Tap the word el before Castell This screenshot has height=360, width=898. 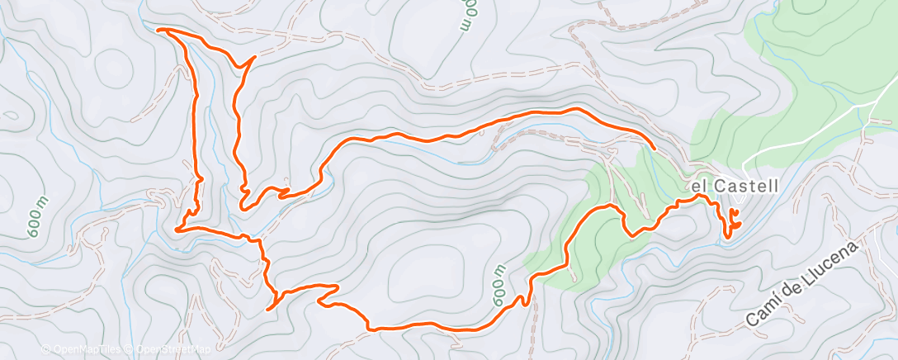700,187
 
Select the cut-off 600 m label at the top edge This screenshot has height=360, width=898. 469,15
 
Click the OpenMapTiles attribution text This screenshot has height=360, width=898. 85,350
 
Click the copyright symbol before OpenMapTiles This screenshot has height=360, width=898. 45,350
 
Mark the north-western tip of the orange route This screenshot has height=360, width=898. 158,30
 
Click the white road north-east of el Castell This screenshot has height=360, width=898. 825,132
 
